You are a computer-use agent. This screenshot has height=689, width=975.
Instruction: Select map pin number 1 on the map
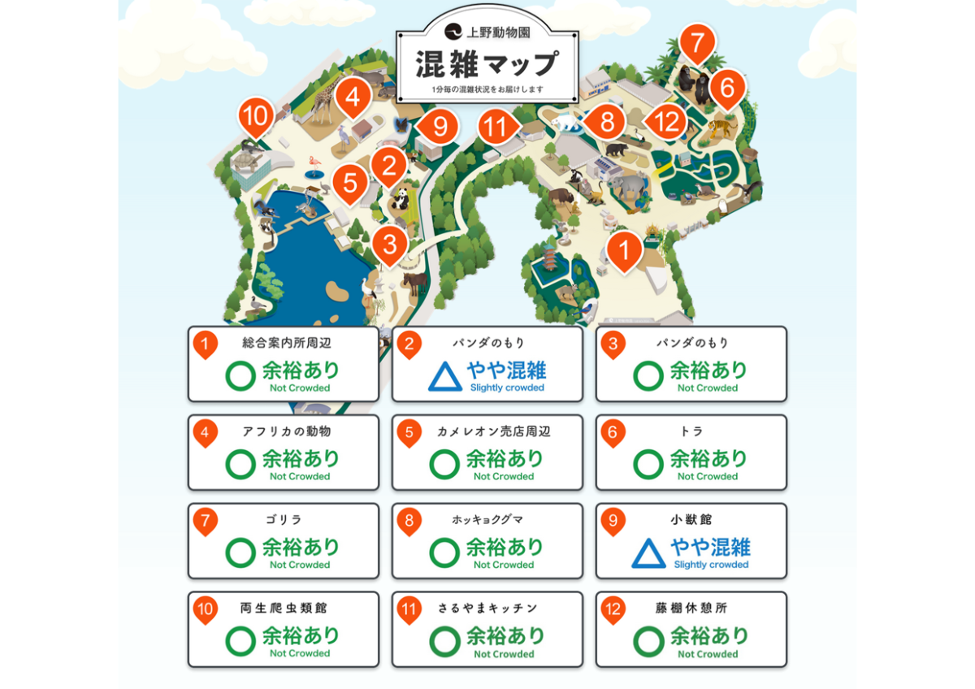point(624,249)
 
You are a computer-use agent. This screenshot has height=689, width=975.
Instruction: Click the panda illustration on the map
point(402,197)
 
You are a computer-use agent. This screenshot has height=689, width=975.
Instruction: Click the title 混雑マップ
point(487,63)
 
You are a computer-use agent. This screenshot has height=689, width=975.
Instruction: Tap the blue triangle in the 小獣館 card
point(648,553)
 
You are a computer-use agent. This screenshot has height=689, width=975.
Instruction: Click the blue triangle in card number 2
point(444,376)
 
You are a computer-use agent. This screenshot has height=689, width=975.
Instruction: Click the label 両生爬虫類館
point(284,608)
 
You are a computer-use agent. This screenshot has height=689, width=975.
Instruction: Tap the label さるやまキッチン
point(487,608)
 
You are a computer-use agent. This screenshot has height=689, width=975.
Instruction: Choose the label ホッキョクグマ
point(487,519)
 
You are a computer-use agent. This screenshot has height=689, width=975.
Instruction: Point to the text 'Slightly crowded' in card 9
point(711,565)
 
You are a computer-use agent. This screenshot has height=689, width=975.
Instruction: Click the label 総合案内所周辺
point(287,343)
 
